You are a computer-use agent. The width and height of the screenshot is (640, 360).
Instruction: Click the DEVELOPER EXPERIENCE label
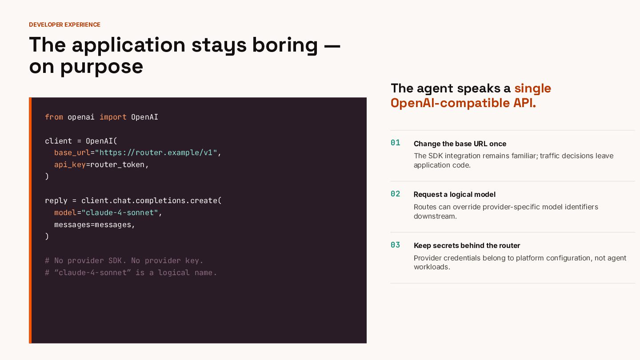tap(64, 24)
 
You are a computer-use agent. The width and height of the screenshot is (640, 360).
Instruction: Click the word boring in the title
tap(285, 46)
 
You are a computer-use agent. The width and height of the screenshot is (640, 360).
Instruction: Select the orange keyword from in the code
tap(54, 117)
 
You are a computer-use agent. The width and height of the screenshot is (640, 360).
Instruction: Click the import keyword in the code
tap(113, 117)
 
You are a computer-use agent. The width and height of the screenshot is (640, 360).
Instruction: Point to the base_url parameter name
tap(72, 152)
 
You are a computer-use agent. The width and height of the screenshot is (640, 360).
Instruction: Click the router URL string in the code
tap(156, 152)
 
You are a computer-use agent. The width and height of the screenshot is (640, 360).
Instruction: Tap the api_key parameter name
tap(70, 165)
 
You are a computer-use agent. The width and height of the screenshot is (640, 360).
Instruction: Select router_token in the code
tap(117, 165)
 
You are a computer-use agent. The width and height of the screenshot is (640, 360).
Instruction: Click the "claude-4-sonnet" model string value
tap(120, 212)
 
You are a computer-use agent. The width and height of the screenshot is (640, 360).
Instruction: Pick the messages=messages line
tap(94, 225)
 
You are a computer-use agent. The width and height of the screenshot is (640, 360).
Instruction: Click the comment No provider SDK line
tap(124, 260)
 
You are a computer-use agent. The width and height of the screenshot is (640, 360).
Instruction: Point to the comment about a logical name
tap(131, 272)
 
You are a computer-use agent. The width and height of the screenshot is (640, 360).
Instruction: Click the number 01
tap(396, 143)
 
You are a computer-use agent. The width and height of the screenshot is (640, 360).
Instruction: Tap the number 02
tap(396, 194)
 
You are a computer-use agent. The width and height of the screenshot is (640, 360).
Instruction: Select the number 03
tap(396, 245)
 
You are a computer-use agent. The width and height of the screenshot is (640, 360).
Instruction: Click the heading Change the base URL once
tap(460, 144)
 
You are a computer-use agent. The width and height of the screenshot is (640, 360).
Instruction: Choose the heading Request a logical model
tap(454, 195)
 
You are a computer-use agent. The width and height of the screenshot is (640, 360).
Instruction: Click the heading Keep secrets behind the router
tap(467, 245)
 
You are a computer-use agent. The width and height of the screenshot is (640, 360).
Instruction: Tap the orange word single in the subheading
tap(532, 88)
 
